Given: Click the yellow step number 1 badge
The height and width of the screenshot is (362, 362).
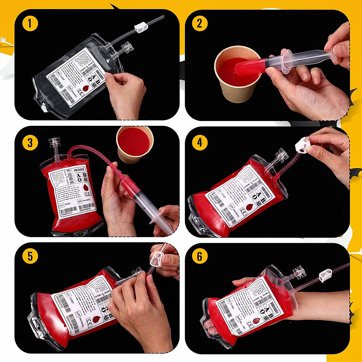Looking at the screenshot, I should (x=30, y=24).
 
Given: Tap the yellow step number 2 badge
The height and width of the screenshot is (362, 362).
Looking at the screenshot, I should (x=199, y=24).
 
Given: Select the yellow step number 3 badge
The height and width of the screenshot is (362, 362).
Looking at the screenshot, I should (x=30, y=142).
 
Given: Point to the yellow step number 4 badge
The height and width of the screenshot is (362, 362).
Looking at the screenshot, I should (x=199, y=142).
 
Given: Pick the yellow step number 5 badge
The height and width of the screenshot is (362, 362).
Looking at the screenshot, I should (x=30, y=256).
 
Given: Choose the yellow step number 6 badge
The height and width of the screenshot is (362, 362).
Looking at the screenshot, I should (x=199, y=256).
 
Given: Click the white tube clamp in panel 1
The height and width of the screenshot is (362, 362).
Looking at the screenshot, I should (x=141, y=28).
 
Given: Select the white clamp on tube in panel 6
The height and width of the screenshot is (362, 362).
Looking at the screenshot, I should (x=325, y=275).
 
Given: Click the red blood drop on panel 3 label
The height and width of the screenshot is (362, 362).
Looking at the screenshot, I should (x=86, y=188).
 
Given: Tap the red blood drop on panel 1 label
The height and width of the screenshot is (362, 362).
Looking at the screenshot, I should (x=86, y=88).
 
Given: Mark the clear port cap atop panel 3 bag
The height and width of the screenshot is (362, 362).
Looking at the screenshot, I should (x=54, y=143).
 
